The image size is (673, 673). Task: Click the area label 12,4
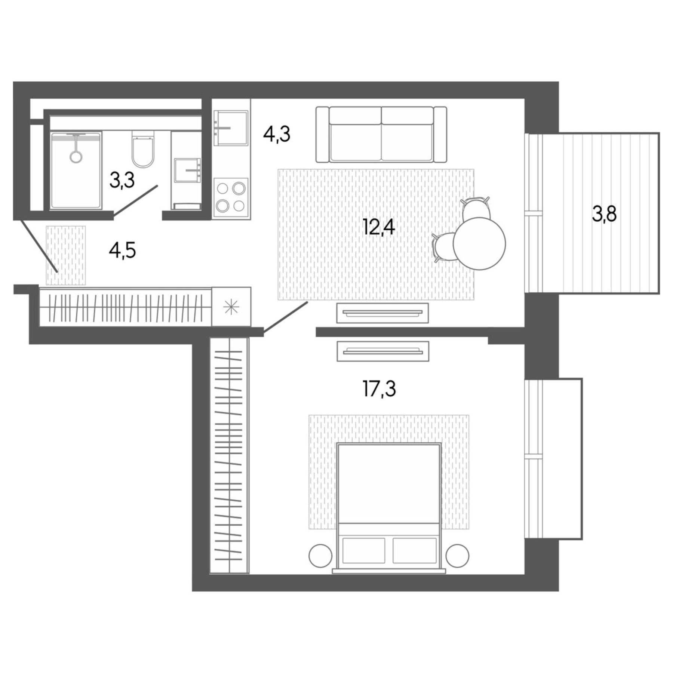pyautogui.click(x=378, y=227)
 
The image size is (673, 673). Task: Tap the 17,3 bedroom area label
pyautogui.click(x=379, y=388)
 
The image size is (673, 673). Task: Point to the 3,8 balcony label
pyautogui.click(x=604, y=214)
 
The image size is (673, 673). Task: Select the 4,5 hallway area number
pyautogui.click(x=122, y=250)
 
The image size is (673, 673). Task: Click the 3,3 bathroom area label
pyautogui.click(x=122, y=180)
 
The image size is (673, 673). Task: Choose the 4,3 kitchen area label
pyautogui.click(x=276, y=134)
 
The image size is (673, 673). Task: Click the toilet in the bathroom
pyautogui.click(x=143, y=150)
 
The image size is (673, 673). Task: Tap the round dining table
pyautogui.click(x=479, y=244)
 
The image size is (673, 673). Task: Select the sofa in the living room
pyautogui.click(x=381, y=135)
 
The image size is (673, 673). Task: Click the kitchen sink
pyautogui.click(x=230, y=128)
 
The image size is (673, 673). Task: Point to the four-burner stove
pyautogui.click(x=231, y=197)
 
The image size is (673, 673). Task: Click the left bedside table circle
pyautogui.click(x=320, y=556)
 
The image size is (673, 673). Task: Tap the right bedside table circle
pyautogui.click(x=457, y=556)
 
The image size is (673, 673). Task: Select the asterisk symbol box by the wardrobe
pyautogui.click(x=231, y=307)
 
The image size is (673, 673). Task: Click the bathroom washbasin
pyautogui.click(x=187, y=170)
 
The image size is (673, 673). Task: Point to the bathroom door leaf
pyautogui.click(x=136, y=200)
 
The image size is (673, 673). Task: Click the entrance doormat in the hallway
pyautogui.click(x=66, y=255)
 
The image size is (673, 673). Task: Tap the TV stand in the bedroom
pyautogui.click(x=382, y=351)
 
